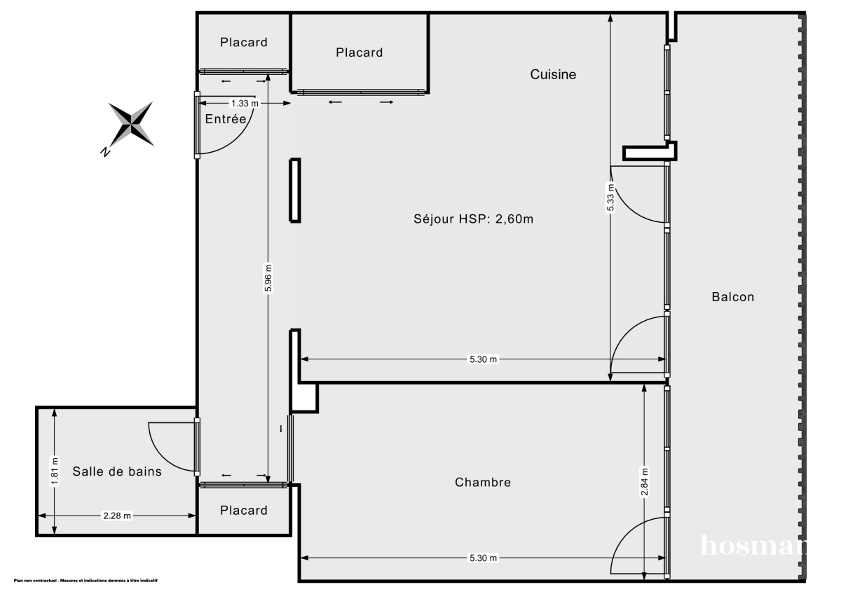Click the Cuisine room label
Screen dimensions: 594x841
[553, 74]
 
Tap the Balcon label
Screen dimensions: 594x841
[733, 296]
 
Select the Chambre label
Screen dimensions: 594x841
[483, 482]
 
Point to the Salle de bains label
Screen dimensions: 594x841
[117, 471]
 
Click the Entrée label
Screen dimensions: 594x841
[226, 119]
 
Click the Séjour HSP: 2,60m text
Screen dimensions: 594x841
[474, 219]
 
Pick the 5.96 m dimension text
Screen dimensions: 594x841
[268, 279]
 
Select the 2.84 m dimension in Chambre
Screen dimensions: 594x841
[644, 482]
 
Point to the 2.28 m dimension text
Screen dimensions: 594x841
[117, 516]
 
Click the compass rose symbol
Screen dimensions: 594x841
[132, 125]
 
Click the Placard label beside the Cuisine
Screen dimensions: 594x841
[360, 53]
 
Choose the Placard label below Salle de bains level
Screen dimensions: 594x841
[244, 510]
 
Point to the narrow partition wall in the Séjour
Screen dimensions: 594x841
[296, 191]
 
